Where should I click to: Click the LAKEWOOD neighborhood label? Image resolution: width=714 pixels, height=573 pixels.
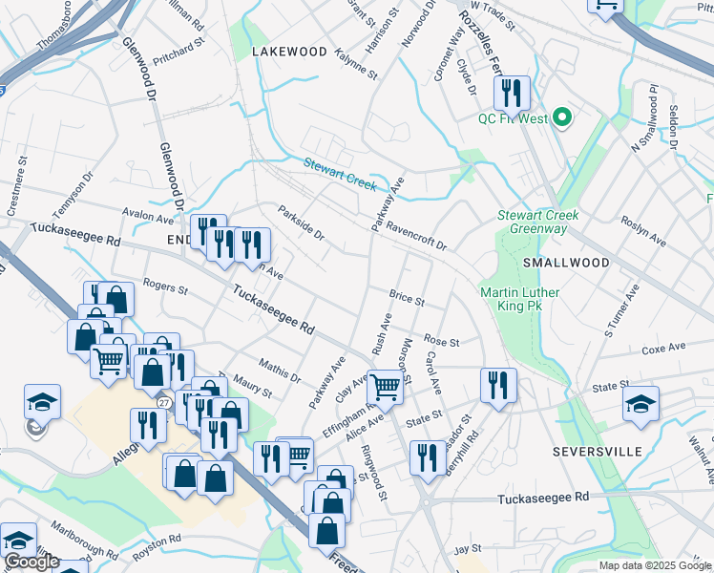[x=289, y=52]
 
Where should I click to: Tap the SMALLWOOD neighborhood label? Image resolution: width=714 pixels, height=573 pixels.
[x=566, y=263]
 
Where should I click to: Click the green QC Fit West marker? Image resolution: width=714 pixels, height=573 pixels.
[x=562, y=119]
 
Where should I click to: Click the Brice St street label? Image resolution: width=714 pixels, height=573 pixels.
[x=407, y=298]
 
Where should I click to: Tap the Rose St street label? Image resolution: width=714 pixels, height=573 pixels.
[x=442, y=341]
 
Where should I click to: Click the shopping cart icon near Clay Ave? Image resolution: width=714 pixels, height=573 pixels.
[x=385, y=387]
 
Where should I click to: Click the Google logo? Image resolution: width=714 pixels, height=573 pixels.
[x=31, y=562]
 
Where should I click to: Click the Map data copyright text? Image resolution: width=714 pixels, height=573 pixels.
[x=656, y=565]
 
